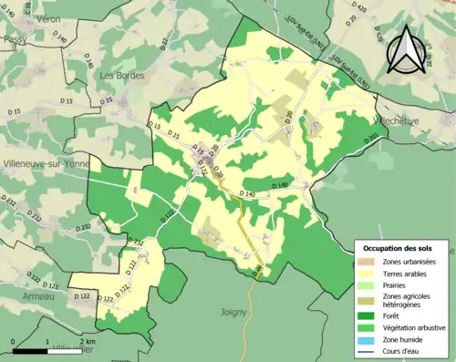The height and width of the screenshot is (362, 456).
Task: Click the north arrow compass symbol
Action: point(405,49)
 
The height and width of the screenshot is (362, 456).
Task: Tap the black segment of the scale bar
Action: point(27,349)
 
